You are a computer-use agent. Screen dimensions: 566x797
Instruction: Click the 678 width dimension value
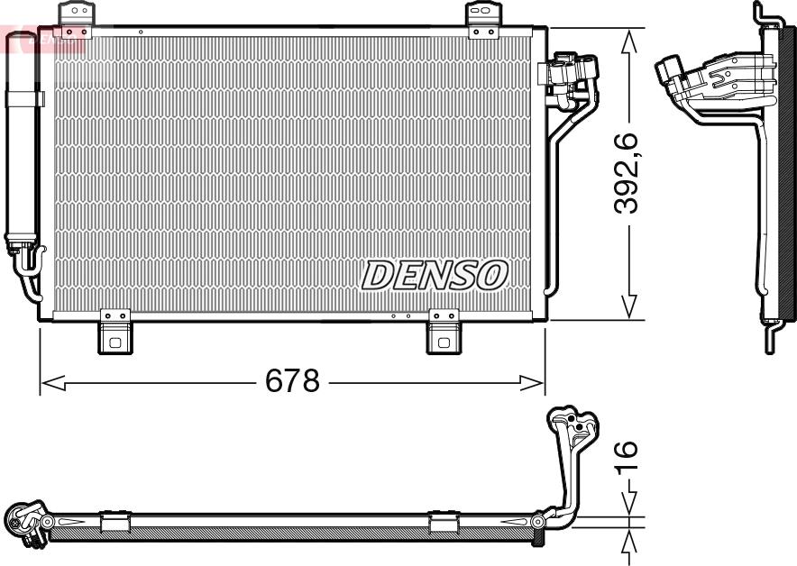pos(292,381)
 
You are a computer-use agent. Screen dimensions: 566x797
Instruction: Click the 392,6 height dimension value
pos(626,173)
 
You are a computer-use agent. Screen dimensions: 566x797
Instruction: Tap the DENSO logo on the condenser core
pos(435,275)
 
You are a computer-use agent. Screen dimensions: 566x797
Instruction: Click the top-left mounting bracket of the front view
pos(76,18)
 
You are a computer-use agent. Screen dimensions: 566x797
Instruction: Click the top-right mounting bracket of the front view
pos(481,19)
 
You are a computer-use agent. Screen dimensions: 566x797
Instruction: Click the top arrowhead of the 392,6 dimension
pos(630,39)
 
